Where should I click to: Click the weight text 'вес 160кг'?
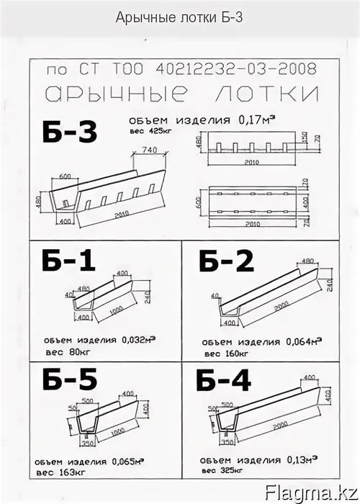(x=226, y=354)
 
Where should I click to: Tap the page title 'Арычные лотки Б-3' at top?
(x=179, y=17)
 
